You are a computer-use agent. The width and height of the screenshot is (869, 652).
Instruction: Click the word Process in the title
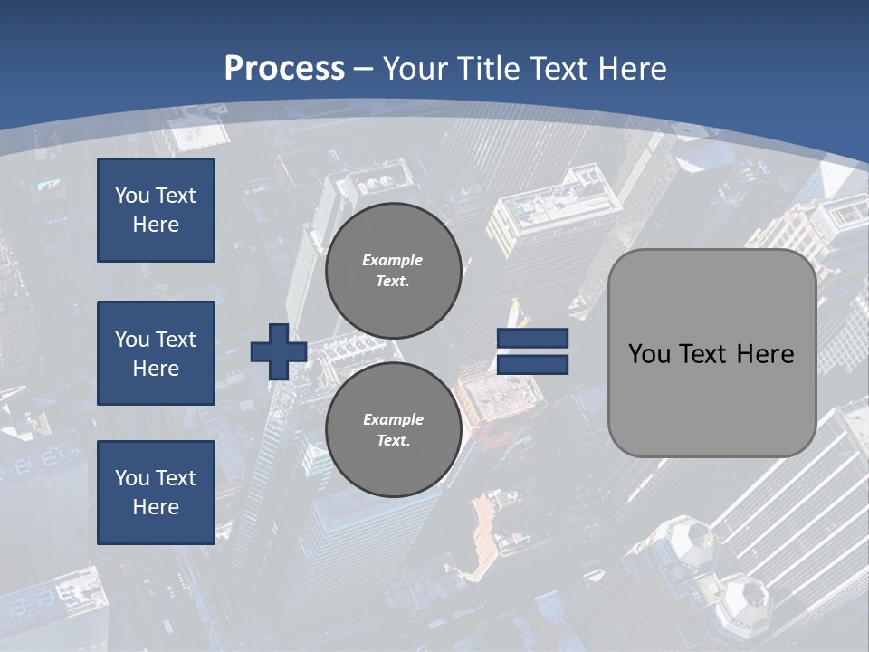pyautogui.click(x=284, y=69)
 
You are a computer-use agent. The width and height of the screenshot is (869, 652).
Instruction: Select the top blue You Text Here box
pyautogui.click(x=156, y=210)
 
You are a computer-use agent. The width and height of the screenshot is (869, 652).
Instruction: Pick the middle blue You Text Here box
pyautogui.click(x=156, y=353)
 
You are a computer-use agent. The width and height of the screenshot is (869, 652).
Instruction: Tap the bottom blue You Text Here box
pyautogui.click(x=156, y=493)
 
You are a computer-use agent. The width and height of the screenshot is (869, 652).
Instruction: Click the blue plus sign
pyautogui.click(x=279, y=351)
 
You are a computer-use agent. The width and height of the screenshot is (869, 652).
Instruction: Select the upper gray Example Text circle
pyautogui.click(x=393, y=270)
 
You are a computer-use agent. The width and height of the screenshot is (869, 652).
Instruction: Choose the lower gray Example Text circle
pyautogui.click(x=393, y=429)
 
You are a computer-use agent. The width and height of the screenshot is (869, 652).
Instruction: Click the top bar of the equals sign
pyautogui.click(x=532, y=339)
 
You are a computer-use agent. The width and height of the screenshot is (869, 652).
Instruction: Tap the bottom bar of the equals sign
pyautogui.click(x=532, y=365)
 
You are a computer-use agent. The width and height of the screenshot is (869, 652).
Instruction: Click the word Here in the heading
pyautogui.click(x=631, y=69)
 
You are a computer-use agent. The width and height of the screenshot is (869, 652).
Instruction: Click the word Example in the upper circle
pyautogui.click(x=393, y=260)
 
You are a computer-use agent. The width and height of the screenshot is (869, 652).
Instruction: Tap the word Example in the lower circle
pyautogui.click(x=393, y=419)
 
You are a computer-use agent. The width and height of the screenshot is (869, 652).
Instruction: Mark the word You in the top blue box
pyautogui.click(x=131, y=196)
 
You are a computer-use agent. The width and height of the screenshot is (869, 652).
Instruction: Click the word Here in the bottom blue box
pyautogui.click(x=156, y=507)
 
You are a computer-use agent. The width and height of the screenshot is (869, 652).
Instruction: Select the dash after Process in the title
pyautogui.click(x=363, y=69)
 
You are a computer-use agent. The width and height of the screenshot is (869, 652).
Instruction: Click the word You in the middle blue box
pyautogui.click(x=131, y=340)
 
